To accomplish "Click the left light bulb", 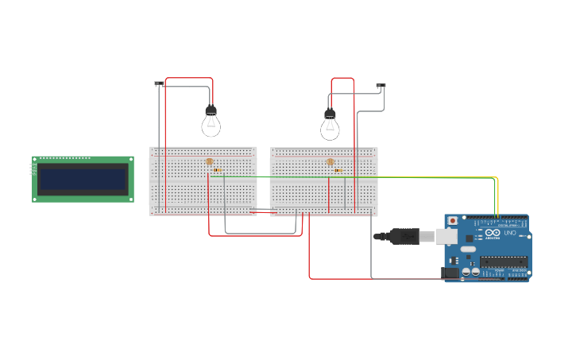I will point(211,123).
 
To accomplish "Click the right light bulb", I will point(330,126).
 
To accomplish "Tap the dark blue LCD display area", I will point(83,180).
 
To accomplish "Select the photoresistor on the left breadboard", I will point(210,161).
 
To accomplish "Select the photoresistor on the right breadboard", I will point(331,161).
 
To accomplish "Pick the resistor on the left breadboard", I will point(217,170).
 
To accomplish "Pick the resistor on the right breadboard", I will point(338,170).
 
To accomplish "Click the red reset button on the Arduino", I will point(453,220).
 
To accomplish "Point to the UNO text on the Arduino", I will point(510,233).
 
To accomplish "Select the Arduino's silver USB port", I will point(446,236).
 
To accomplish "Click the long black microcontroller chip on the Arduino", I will point(503,261).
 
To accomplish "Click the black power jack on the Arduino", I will point(450,273).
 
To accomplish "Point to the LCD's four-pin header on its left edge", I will point(33,168).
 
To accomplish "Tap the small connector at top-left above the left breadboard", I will point(159,83).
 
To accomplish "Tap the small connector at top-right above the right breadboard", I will point(381,86).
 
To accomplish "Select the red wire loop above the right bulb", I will point(342,79).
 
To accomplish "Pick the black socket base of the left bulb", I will point(211,110).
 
